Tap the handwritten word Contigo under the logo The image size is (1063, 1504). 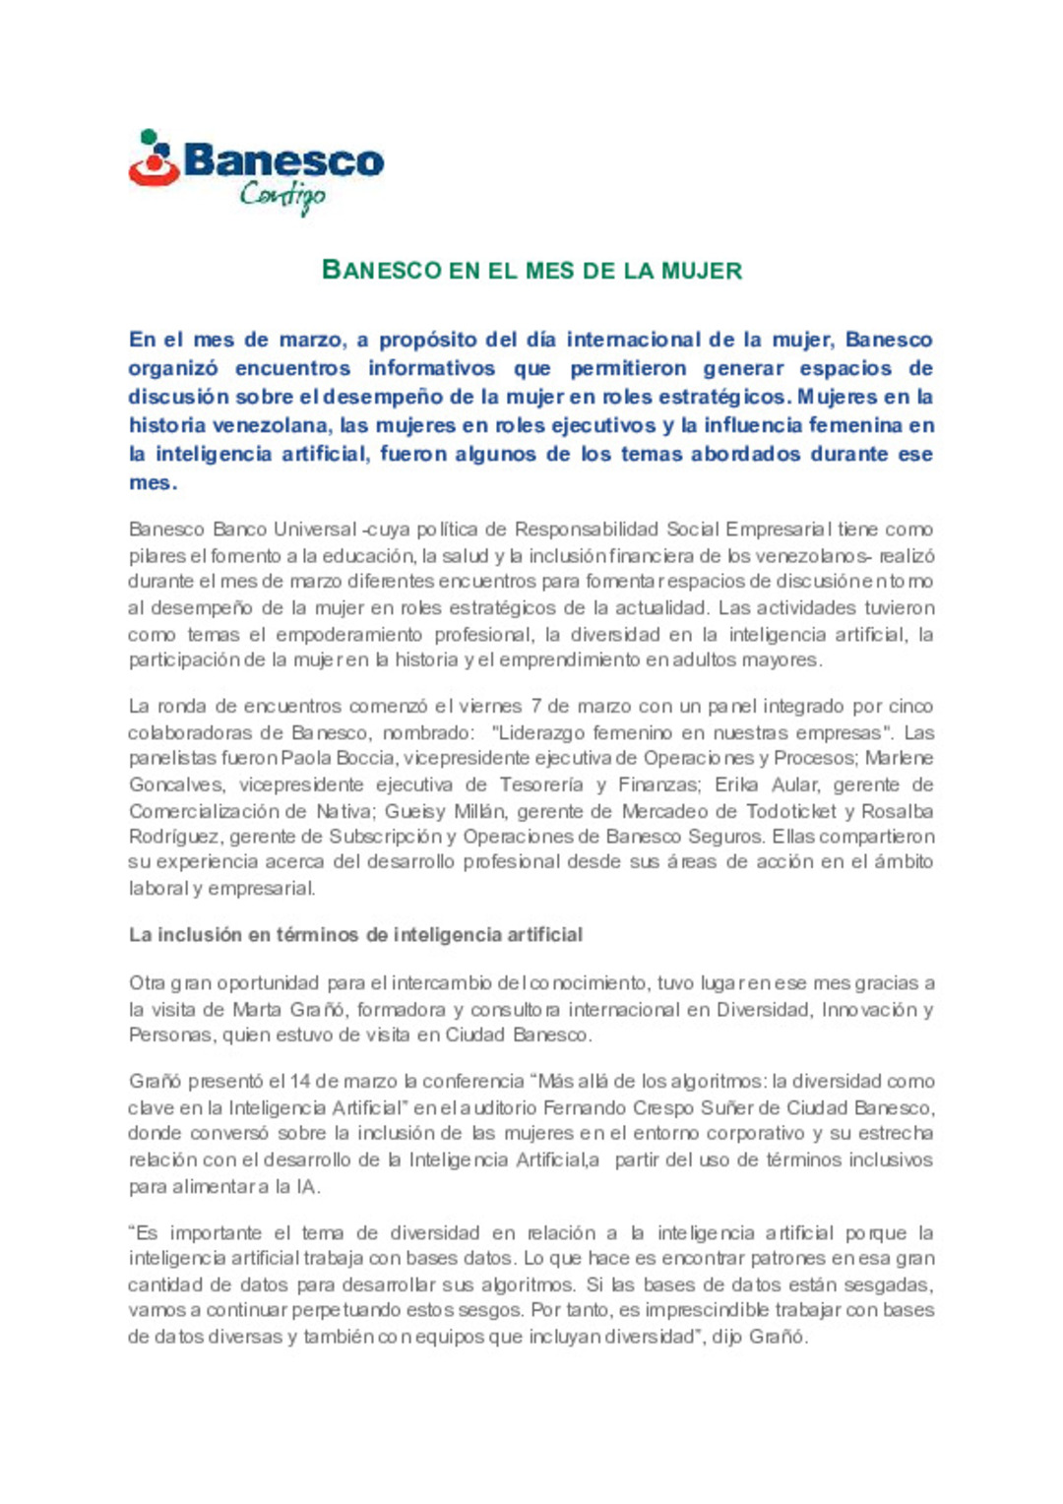coord(282,195)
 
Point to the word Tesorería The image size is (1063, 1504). coord(541,784)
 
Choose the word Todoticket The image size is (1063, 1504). coord(791,811)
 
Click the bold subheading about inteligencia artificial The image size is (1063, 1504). coord(355,934)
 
